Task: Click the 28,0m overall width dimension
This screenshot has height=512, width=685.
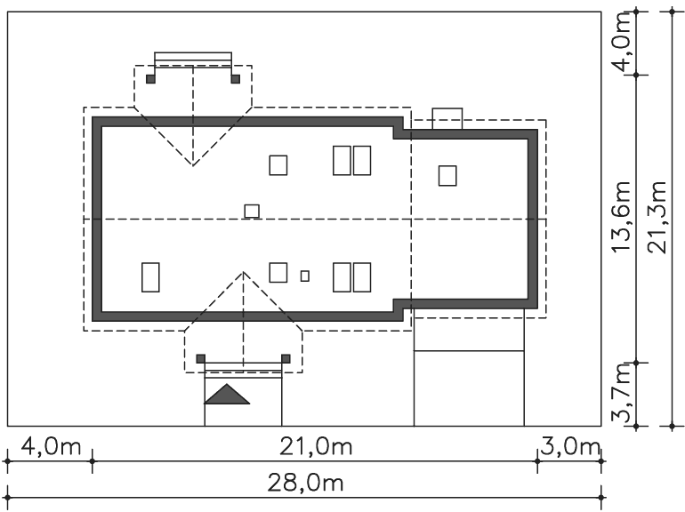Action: [x=305, y=484]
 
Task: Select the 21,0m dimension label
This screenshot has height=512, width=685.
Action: [x=316, y=447]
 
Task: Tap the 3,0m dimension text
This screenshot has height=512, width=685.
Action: [x=569, y=447]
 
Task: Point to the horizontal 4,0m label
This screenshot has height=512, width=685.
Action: [x=51, y=447]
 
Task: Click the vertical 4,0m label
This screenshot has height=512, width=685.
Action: [x=621, y=42]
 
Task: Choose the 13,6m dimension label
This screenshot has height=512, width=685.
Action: [x=621, y=217]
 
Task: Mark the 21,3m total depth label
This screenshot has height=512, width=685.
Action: [x=657, y=217]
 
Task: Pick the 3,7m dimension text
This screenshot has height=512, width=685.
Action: [x=621, y=394]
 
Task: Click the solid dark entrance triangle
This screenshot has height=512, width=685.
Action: [x=227, y=394]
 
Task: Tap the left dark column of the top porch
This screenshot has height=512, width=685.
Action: [x=150, y=79]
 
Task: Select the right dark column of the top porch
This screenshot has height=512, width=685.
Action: [x=236, y=79]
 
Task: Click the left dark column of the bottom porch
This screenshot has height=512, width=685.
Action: [x=200, y=359]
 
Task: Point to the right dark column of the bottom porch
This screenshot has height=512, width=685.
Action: [x=286, y=359]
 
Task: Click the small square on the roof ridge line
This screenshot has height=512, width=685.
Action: [x=252, y=212]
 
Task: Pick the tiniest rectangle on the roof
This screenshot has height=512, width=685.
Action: [x=305, y=276]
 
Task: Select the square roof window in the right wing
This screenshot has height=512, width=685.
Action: [x=447, y=175]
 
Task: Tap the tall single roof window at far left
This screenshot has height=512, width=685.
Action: [x=150, y=277]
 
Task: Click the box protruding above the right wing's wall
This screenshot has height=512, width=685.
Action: [x=447, y=119]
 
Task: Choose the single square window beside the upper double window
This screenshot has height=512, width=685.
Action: [x=278, y=165]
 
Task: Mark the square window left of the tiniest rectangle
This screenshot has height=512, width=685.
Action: [x=278, y=273]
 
